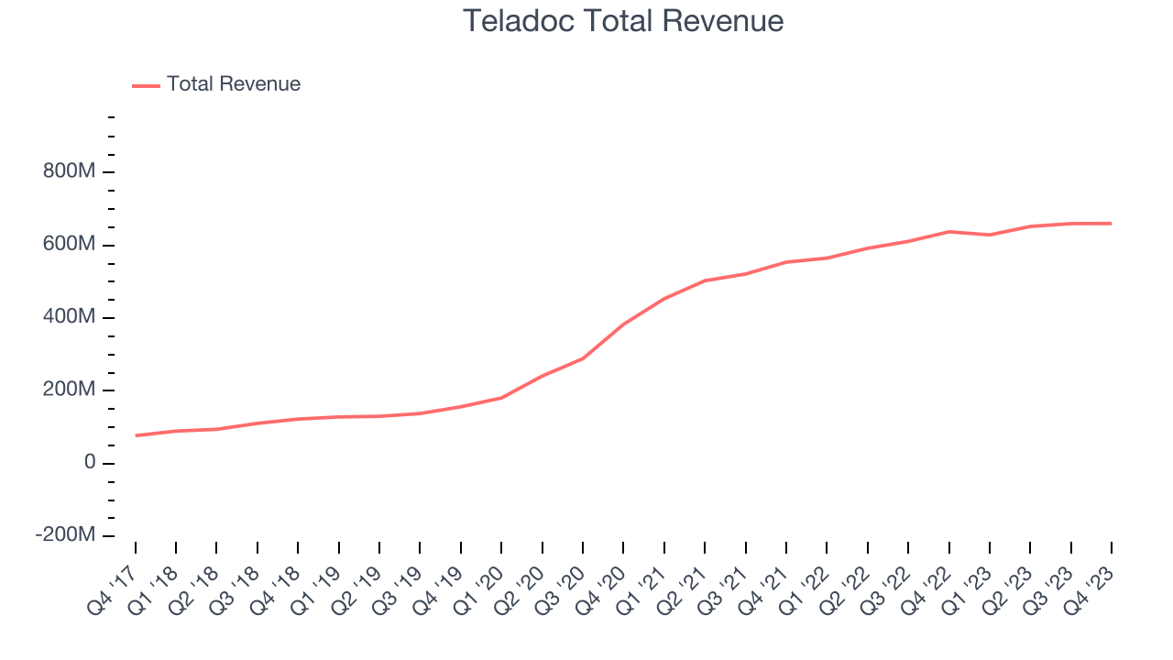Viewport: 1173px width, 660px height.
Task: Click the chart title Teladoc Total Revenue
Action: (623, 21)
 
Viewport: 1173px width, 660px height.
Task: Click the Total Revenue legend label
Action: (233, 84)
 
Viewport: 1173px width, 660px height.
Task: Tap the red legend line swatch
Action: (146, 85)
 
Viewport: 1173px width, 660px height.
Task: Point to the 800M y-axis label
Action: (70, 172)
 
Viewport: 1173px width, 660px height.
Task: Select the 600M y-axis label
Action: (70, 245)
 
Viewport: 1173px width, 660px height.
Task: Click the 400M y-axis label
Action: (70, 317)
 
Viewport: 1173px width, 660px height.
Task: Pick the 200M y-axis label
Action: (70, 390)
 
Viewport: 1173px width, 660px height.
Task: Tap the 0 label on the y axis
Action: (89, 463)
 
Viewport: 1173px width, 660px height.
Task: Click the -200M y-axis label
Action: (65, 535)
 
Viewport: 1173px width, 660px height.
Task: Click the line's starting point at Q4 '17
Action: (136, 435)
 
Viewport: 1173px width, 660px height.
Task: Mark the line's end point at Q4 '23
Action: (1112, 224)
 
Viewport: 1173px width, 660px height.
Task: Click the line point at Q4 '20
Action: (623, 324)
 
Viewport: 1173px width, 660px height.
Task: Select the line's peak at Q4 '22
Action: (948, 232)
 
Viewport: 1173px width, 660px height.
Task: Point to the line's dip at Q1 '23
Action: (990, 235)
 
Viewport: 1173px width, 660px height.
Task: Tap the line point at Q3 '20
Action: (583, 358)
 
